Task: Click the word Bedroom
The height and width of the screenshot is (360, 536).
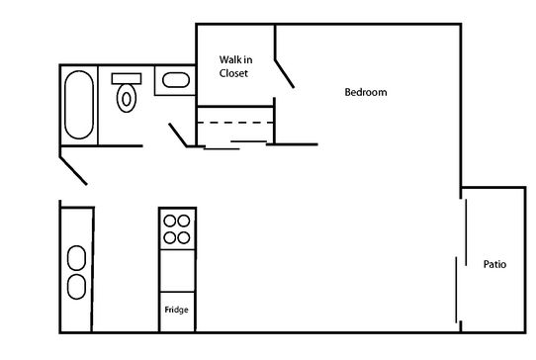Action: (x=365, y=93)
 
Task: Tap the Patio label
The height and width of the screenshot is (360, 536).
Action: (x=496, y=264)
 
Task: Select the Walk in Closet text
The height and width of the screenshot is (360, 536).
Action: (x=233, y=66)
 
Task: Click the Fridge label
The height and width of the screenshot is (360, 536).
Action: (x=176, y=312)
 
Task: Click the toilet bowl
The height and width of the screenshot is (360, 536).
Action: (x=126, y=97)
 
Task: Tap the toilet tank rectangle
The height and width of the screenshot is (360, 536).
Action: (x=126, y=77)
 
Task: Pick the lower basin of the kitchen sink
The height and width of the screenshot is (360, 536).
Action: (x=76, y=288)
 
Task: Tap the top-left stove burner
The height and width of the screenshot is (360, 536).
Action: (x=169, y=222)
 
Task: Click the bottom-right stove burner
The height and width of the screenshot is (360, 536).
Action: (x=183, y=237)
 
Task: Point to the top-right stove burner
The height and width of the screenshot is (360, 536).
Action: (x=183, y=222)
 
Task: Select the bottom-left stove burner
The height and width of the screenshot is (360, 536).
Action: (x=169, y=237)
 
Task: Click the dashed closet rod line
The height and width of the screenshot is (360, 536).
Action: (x=235, y=123)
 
